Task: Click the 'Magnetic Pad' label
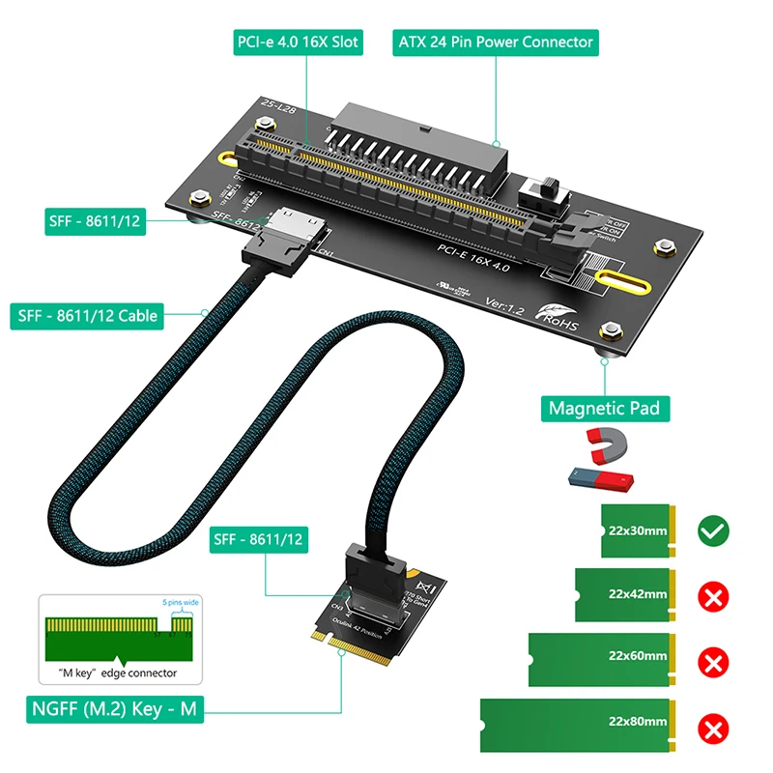604,407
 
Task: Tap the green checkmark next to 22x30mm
713,530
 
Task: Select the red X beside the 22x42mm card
713,596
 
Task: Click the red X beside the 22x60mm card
713,662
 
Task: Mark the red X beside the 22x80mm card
713,728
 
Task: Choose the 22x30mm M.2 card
638,530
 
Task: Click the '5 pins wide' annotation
181,604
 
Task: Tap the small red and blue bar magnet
600,477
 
